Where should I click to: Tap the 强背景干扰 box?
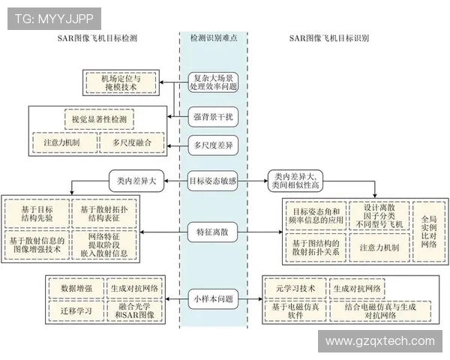tap(213, 115)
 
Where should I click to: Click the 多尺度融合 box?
tap(131, 142)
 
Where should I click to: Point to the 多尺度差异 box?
tap(213, 144)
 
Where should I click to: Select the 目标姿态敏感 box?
tap(213, 180)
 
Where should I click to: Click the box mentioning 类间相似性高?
tap(299, 180)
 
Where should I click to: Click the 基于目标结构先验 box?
tap(35, 212)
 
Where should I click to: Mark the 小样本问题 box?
tap(213, 298)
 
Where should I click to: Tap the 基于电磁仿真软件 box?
tap(292, 310)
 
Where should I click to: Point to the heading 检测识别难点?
tap(213, 36)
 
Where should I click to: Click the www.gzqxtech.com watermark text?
tap(380, 341)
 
